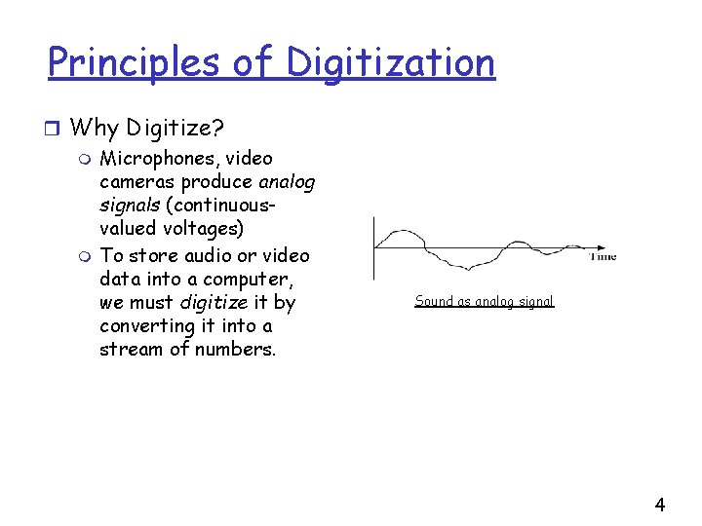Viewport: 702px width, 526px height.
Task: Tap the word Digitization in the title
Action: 390,62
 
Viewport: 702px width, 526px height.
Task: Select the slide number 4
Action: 660,505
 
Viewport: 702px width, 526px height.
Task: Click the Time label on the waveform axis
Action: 603,257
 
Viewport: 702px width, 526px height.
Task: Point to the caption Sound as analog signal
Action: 484,301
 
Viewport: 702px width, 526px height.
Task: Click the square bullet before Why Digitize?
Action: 56,128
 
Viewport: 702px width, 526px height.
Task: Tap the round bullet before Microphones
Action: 86,159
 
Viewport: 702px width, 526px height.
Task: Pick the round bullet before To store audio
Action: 86,255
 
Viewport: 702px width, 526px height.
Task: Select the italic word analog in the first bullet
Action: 287,181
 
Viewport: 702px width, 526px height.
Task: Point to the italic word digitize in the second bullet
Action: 214,302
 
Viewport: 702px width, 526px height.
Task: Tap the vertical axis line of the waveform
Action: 373,248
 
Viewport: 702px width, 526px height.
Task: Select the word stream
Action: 132,349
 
